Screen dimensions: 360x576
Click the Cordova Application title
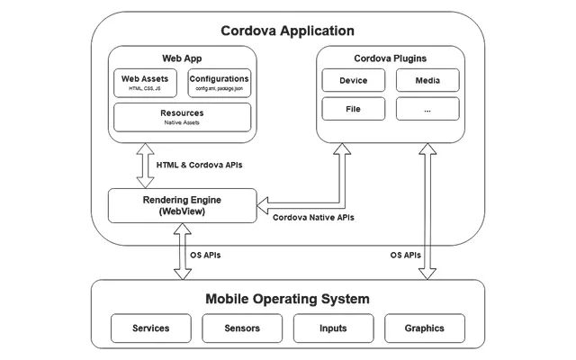(x=287, y=31)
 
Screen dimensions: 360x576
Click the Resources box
(x=182, y=117)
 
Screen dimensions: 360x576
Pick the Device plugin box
(x=353, y=81)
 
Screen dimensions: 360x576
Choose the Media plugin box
(x=427, y=81)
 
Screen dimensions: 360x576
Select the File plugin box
(x=353, y=109)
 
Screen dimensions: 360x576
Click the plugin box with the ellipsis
(x=427, y=109)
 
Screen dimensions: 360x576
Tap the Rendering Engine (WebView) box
(x=183, y=205)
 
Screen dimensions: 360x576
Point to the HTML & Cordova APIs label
(x=199, y=166)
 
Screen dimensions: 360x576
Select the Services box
(x=150, y=328)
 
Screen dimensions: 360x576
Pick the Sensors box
(x=242, y=328)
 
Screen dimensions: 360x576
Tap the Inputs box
(x=333, y=328)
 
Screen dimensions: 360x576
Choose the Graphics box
(x=425, y=328)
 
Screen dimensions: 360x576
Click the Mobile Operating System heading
(x=287, y=299)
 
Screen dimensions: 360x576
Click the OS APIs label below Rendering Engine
(x=205, y=255)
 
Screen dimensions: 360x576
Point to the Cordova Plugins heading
(x=390, y=58)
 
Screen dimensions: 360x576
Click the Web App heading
(x=182, y=58)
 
